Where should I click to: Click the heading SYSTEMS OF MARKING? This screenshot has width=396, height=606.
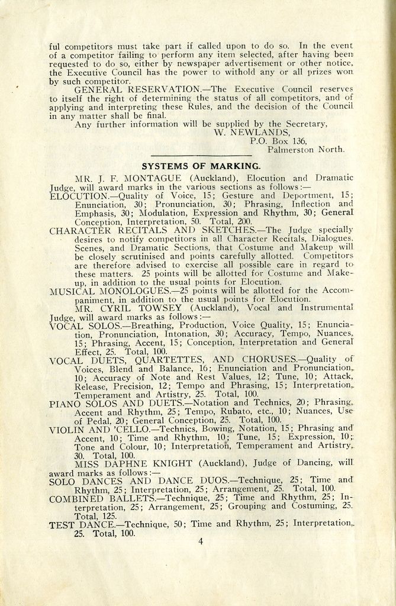201,166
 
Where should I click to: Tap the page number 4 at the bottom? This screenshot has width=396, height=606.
201,540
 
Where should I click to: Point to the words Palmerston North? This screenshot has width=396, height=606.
305,150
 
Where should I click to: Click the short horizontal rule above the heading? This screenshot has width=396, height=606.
201,156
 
